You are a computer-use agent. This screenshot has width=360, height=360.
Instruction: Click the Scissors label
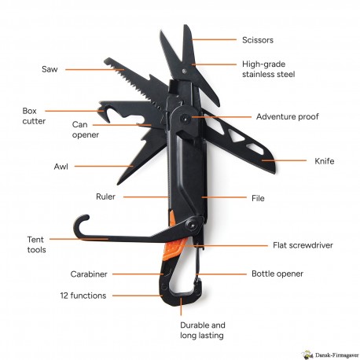[258, 40]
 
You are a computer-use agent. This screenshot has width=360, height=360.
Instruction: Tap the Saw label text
[50, 69]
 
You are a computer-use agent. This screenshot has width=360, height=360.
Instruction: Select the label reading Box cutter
[34, 116]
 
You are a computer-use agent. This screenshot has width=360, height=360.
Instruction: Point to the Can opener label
[86, 130]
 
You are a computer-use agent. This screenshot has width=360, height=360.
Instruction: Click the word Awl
[61, 167]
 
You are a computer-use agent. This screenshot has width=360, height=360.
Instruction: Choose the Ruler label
[105, 197]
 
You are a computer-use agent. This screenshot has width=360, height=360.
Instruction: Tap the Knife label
[325, 161]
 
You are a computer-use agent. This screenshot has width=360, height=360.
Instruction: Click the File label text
[258, 198]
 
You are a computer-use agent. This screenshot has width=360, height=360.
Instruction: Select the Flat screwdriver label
[303, 245]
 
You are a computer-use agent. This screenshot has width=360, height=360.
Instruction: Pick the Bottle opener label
[277, 274]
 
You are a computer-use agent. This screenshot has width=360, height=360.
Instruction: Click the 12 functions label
[83, 296]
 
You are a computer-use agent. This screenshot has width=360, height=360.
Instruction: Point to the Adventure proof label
[288, 116]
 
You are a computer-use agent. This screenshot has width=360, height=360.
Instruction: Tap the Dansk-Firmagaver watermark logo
[330, 354]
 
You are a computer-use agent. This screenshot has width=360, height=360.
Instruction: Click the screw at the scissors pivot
[185, 71]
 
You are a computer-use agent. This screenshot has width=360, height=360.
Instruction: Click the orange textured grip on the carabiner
[174, 249]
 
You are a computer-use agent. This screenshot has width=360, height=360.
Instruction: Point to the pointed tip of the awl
[119, 183]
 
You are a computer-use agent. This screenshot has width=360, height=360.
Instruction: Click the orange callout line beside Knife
[284, 160]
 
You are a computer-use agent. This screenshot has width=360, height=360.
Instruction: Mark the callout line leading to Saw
[94, 69]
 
